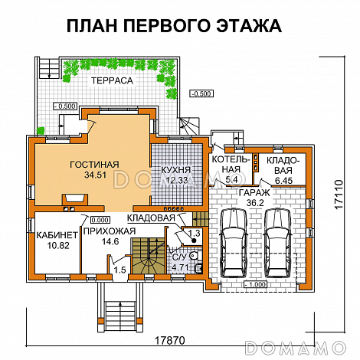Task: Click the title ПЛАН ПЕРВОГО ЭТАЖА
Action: click(x=174, y=26)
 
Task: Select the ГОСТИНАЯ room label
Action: click(x=93, y=163)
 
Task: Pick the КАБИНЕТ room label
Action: click(x=55, y=234)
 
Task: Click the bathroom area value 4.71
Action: click(x=180, y=267)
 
